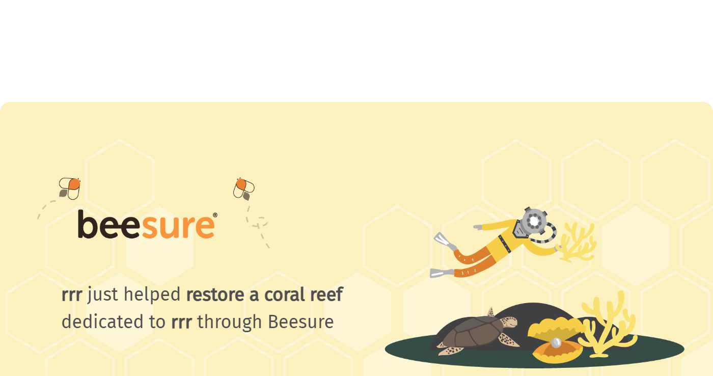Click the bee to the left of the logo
70,189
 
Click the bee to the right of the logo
244,189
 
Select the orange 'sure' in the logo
178,227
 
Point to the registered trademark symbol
215,215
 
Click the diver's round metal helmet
534,220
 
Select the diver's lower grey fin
442,273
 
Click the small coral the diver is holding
577,242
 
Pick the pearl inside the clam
556,342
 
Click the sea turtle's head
510,322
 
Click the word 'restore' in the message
215,294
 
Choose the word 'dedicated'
102,321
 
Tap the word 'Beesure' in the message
300,322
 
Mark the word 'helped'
152,295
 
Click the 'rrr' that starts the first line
72,295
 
